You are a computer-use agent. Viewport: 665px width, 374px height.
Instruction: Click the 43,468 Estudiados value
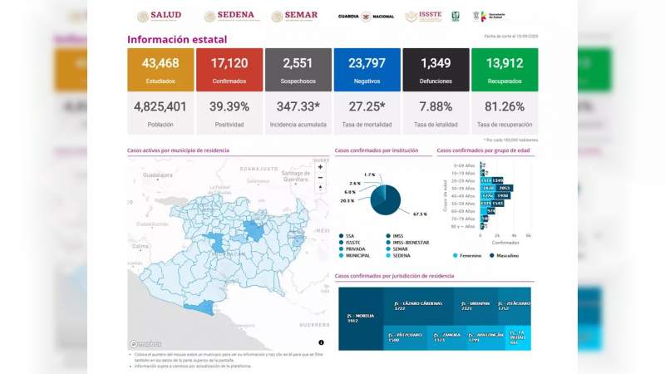pos(160,63)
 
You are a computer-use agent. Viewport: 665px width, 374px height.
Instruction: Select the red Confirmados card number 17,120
pos(229,63)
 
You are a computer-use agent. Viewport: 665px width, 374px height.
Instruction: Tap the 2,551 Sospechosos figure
pos(298,63)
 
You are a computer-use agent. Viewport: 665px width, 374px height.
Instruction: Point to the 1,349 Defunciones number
pos(436,63)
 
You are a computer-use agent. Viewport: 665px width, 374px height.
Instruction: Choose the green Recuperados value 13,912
pos(504,63)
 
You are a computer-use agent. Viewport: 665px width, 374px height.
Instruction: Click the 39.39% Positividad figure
pos(229,106)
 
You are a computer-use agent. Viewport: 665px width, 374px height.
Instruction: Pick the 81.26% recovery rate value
pos(504,106)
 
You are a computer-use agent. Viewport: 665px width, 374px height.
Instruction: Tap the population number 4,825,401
pos(160,106)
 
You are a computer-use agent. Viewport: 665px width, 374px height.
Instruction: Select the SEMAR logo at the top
pos(294,16)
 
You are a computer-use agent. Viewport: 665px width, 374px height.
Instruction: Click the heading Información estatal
pos(176,39)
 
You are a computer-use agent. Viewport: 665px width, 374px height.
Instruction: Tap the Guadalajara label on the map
pos(157,175)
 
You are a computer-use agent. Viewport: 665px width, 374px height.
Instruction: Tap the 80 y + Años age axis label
pos(463,226)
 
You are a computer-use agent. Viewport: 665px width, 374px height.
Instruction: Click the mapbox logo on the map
pos(146,344)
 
